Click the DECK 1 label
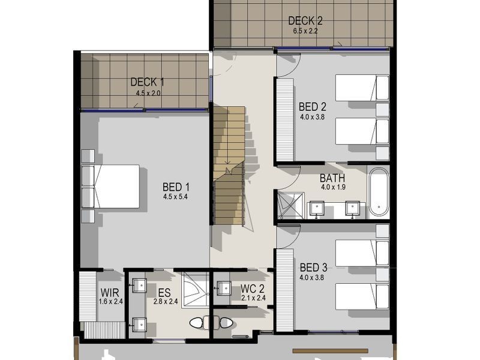click(x=147, y=82)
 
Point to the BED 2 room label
click(x=311, y=107)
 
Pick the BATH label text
click(x=332, y=178)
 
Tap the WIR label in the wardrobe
click(x=110, y=292)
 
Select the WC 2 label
click(x=253, y=289)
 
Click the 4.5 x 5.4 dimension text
click(x=175, y=196)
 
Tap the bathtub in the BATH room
click(x=379, y=192)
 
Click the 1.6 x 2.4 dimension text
click(x=110, y=301)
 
